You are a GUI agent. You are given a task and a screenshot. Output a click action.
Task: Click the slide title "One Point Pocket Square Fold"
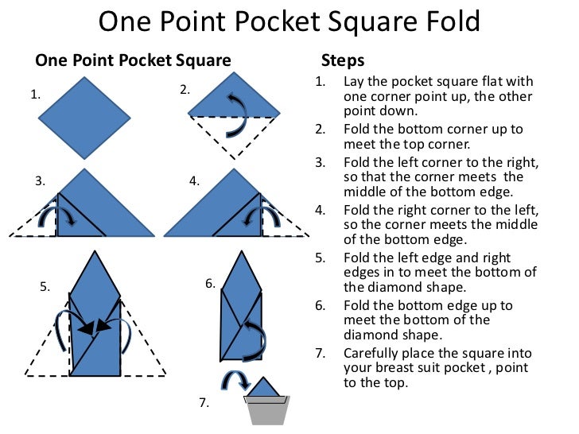[x=289, y=21]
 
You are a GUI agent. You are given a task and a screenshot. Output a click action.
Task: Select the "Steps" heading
[x=343, y=60]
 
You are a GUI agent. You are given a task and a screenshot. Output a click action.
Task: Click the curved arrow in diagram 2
[x=235, y=114]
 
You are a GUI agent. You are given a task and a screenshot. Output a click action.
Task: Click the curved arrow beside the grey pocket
[x=233, y=382]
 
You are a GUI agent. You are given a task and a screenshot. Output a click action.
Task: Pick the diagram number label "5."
[x=45, y=288]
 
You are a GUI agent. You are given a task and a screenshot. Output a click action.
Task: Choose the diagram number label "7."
[x=204, y=402]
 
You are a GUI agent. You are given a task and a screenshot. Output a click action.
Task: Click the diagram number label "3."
[x=40, y=181]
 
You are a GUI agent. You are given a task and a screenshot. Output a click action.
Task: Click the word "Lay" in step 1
[x=354, y=82]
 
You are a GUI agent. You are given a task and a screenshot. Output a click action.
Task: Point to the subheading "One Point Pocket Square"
[x=133, y=60]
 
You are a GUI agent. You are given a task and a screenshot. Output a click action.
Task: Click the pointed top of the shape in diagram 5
[x=95, y=259]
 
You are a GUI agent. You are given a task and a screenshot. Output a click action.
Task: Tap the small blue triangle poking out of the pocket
[x=266, y=388]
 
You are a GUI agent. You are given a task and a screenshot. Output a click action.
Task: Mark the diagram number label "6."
[x=210, y=283]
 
